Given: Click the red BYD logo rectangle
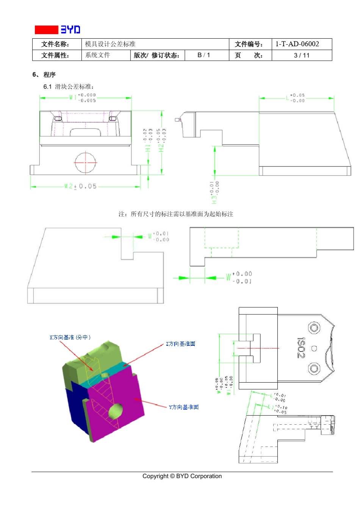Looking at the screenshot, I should click(x=46, y=30).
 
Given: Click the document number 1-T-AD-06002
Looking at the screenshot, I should click(x=297, y=44).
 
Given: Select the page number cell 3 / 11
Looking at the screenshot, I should click(x=302, y=55).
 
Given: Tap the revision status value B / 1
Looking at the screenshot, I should click(x=204, y=55).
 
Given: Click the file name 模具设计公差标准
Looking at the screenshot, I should click(x=110, y=44).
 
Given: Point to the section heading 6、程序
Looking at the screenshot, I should click(x=44, y=75).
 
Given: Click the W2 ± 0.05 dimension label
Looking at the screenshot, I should click(x=80, y=186).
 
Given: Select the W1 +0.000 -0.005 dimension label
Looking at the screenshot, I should click(x=83, y=98).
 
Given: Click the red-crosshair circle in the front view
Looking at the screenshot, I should click(x=86, y=162).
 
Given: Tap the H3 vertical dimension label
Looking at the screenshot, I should click(x=214, y=192).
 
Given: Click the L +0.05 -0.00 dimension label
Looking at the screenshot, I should click(x=296, y=98).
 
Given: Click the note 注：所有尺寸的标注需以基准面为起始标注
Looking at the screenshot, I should click(x=176, y=214).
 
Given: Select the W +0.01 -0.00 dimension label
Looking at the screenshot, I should click(x=158, y=237).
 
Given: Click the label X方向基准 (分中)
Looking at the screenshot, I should click(x=70, y=337).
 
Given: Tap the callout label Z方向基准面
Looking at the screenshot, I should click(x=181, y=344).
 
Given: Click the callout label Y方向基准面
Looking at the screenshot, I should click(x=184, y=407).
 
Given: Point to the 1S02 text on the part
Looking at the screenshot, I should click(x=301, y=348).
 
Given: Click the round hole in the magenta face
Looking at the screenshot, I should click(x=116, y=411).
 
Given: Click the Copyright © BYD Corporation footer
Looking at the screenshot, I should click(x=182, y=476).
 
